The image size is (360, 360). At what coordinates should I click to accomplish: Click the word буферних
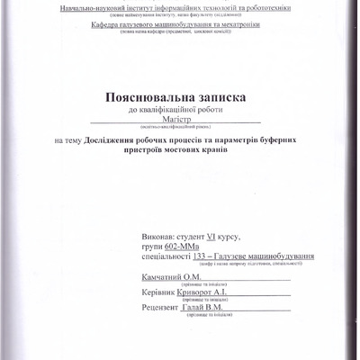click(298, 140)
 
